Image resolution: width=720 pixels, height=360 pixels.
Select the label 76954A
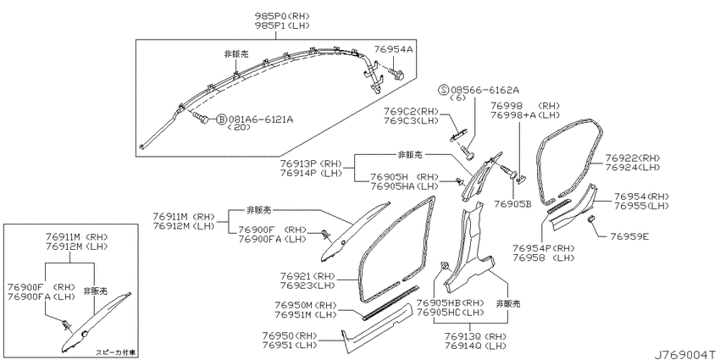pyautogui.click(x=394, y=48)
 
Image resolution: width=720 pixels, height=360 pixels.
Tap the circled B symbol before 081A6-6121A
pyautogui.click(x=221, y=119)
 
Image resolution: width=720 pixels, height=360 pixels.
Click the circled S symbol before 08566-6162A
pyautogui.click(x=444, y=90)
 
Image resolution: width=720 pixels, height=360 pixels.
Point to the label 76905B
pyautogui.click(x=512, y=203)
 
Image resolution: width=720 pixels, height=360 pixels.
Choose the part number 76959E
pyautogui.click(x=629, y=237)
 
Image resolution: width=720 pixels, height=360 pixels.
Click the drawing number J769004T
pyautogui.click(x=684, y=354)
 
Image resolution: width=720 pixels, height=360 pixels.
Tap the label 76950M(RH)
pyautogui.click(x=306, y=305)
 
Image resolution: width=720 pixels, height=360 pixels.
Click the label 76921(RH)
pyautogui.click(x=308, y=276)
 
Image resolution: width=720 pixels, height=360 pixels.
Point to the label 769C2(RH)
pyautogui.click(x=412, y=112)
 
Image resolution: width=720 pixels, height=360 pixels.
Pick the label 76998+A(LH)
pyautogui.click(x=521, y=115)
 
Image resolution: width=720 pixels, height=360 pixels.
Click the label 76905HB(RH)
pyautogui.click(x=450, y=303)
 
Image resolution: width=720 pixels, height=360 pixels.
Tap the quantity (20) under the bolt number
pyautogui.click(x=239, y=128)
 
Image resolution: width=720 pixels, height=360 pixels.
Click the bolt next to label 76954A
pyautogui.click(x=396, y=74)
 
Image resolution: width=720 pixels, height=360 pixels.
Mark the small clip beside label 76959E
pyautogui.click(x=592, y=220)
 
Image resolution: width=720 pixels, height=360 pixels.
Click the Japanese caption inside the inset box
pyautogui.click(x=116, y=352)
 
